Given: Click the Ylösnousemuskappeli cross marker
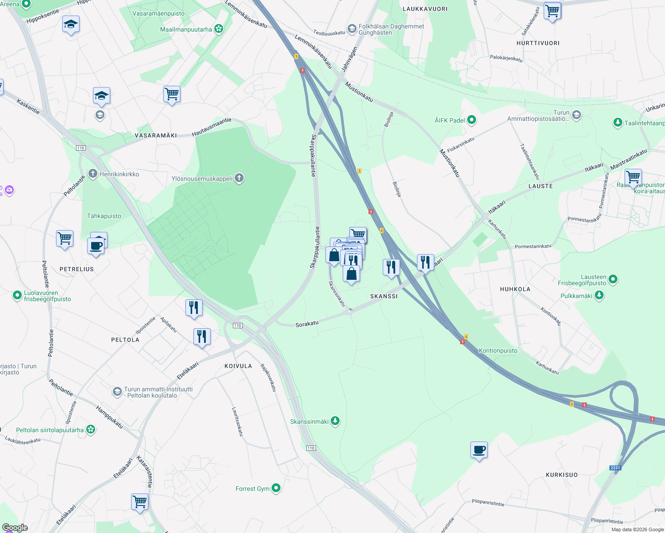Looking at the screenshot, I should point(239,179).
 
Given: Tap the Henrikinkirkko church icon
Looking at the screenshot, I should point(92,174).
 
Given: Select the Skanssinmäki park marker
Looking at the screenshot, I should point(335,421).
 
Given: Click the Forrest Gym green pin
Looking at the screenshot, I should point(276,488).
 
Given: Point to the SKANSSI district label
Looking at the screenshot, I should point(384,296).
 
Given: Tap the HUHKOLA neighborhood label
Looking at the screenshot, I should point(515,289).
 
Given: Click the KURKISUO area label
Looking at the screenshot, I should point(561,475).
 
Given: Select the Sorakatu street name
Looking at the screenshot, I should point(307,324).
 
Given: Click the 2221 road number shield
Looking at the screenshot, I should point(615,468).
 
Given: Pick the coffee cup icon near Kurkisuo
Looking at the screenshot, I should point(479,450).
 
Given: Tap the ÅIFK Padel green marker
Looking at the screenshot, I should point(472,120).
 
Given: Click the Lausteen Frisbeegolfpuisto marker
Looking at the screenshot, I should point(613,279).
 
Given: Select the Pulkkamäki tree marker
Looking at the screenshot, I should point(599,295).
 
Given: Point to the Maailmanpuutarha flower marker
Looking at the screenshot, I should point(218,29).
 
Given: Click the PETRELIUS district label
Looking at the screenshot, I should point(77,269).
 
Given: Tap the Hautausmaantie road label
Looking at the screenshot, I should point(212,127).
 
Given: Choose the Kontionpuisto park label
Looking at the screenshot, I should point(498,350).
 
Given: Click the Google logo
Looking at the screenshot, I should point(15,528).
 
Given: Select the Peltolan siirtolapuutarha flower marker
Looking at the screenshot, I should point(91,430).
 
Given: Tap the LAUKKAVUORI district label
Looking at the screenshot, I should point(425,9).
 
